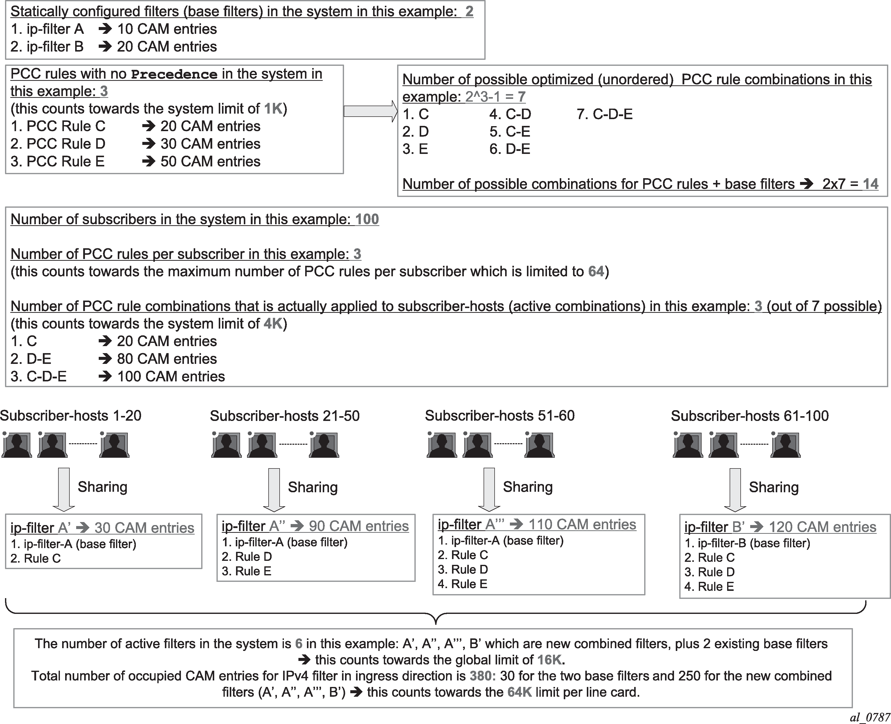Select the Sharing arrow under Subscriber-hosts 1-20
click(x=64, y=489)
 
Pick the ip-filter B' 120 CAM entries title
click(x=780, y=527)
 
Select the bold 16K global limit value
click(x=550, y=660)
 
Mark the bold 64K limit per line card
click(x=519, y=692)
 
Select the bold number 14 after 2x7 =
click(x=870, y=184)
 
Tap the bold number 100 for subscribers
click(x=367, y=219)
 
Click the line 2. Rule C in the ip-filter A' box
click(x=36, y=558)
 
